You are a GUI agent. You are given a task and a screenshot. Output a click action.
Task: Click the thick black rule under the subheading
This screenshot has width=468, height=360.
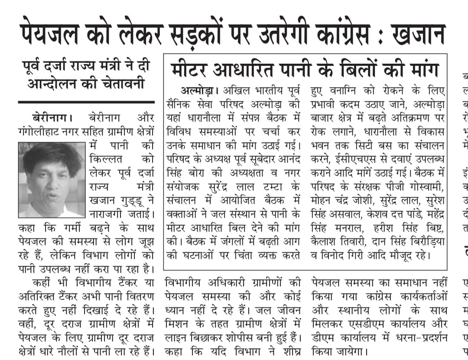click(x=87, y=102)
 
